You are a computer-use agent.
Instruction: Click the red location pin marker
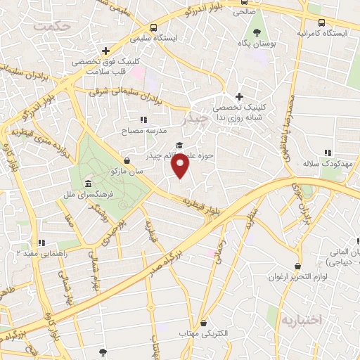tap(181, 167)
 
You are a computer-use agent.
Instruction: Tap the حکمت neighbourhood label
tap(57, 25)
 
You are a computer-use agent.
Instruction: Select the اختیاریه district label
tap(301, 319)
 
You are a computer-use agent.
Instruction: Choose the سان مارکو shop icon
tap(126, 160)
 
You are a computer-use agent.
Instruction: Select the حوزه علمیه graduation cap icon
tap(179, 145)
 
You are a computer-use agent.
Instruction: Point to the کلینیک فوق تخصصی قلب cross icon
tap(105, 51)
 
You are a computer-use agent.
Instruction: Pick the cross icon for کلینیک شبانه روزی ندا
tap(239, 96)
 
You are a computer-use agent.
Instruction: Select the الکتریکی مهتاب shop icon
tap(204, 323)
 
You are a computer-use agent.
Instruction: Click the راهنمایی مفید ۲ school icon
tap(41, 243)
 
